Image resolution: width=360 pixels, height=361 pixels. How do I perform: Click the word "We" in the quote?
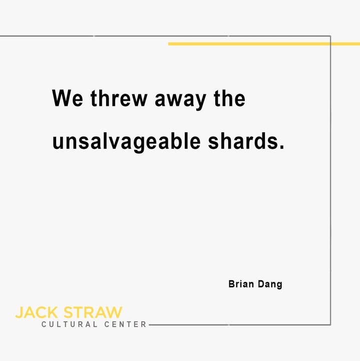coord(68,98)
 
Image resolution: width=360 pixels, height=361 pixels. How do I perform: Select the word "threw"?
coord(119,98)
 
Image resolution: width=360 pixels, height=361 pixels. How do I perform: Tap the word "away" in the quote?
coord(180,100)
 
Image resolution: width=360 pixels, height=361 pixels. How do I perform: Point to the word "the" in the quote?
coord(229,98)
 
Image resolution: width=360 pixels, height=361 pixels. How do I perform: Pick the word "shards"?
coord(243,140)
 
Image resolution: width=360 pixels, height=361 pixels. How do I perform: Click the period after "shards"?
coord(282,146)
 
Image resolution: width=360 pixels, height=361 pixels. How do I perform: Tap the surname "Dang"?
coord(270,285)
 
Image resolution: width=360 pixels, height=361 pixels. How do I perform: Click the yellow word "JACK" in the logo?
coord(37,312)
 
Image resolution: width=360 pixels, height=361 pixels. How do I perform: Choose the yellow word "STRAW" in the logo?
coord(93,312)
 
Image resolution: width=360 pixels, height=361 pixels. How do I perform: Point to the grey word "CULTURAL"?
coord(69,324)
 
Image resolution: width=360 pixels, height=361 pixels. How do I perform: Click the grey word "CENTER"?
coord(125,324)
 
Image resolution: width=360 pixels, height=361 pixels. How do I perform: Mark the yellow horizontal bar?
coord(264,44)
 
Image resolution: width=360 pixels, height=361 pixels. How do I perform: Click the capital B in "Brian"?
coord(231,284)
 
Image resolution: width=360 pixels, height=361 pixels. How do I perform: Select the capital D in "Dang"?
coord(261,284)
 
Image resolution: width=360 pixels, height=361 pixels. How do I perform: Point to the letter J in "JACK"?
coord(19,312)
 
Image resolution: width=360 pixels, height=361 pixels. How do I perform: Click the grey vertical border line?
coord(330,180)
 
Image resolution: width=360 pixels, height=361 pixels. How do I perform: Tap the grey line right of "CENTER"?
coord(240,324)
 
